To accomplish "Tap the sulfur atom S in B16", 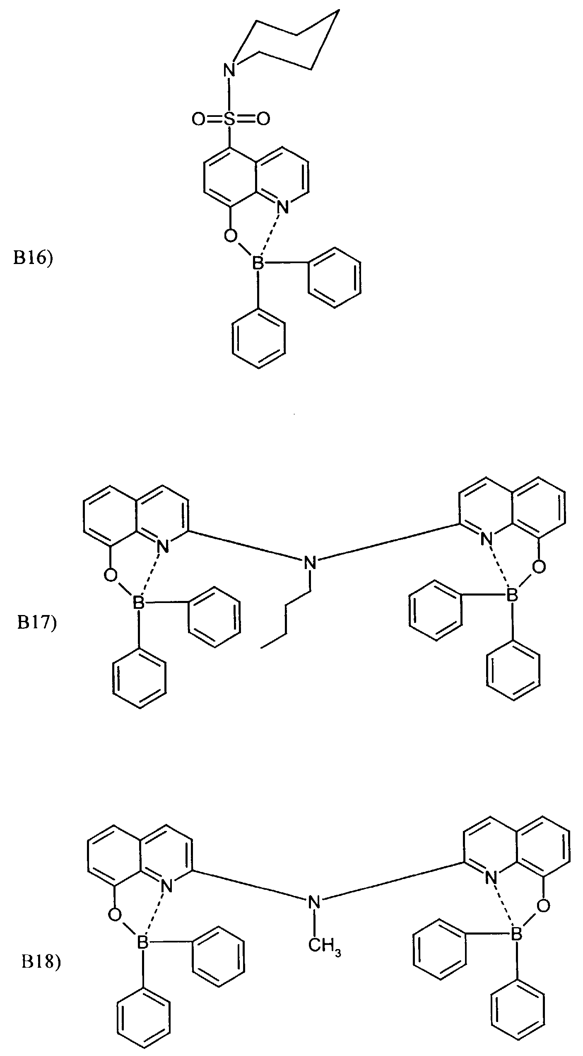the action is [x=231, y=119].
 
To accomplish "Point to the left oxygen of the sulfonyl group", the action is [x=198, y=119].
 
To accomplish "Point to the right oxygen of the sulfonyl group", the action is [x=263, y=119].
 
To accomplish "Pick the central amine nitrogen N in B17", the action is [x=309, y=562].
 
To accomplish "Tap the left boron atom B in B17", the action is [x=137, y=603].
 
